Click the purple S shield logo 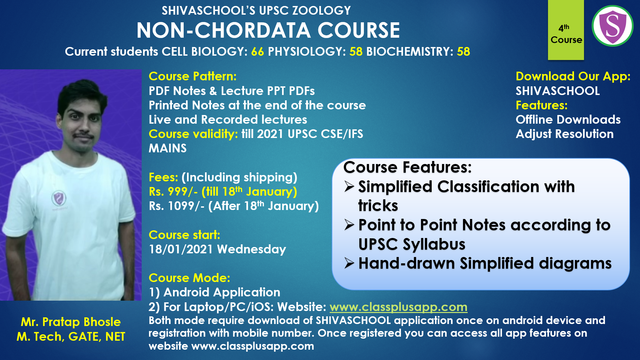(612, 26)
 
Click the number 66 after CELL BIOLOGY (257, 52)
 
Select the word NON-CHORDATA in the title (223, 30)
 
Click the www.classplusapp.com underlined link (398, 307)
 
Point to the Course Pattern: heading (193, 76)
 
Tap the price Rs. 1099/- (177, 206)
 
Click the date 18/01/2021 (181, 249)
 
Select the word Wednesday (252, 249)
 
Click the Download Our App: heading (573, 76)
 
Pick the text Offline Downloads (568, 120)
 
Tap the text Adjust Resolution (564, 134)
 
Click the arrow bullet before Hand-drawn (349, 263)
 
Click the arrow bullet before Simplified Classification (349, 187)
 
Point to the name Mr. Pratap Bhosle (71, 322)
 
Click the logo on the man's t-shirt (59, 199)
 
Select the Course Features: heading (407, 167)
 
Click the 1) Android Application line (214, 292)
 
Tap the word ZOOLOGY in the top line (321, 11)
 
